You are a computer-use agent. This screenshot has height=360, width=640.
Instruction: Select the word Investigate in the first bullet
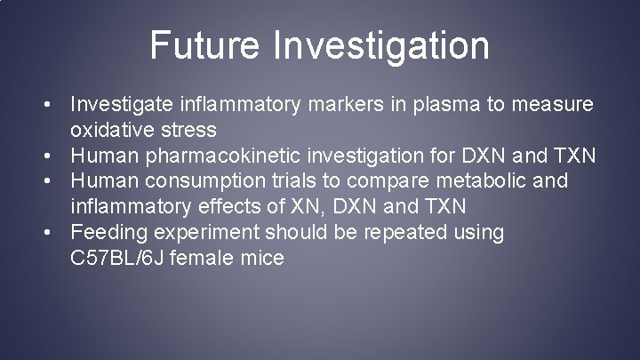point(123,106)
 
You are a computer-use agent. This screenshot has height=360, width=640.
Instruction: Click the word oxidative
point(111,132)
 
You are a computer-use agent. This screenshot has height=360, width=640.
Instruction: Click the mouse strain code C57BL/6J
point(123,259)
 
